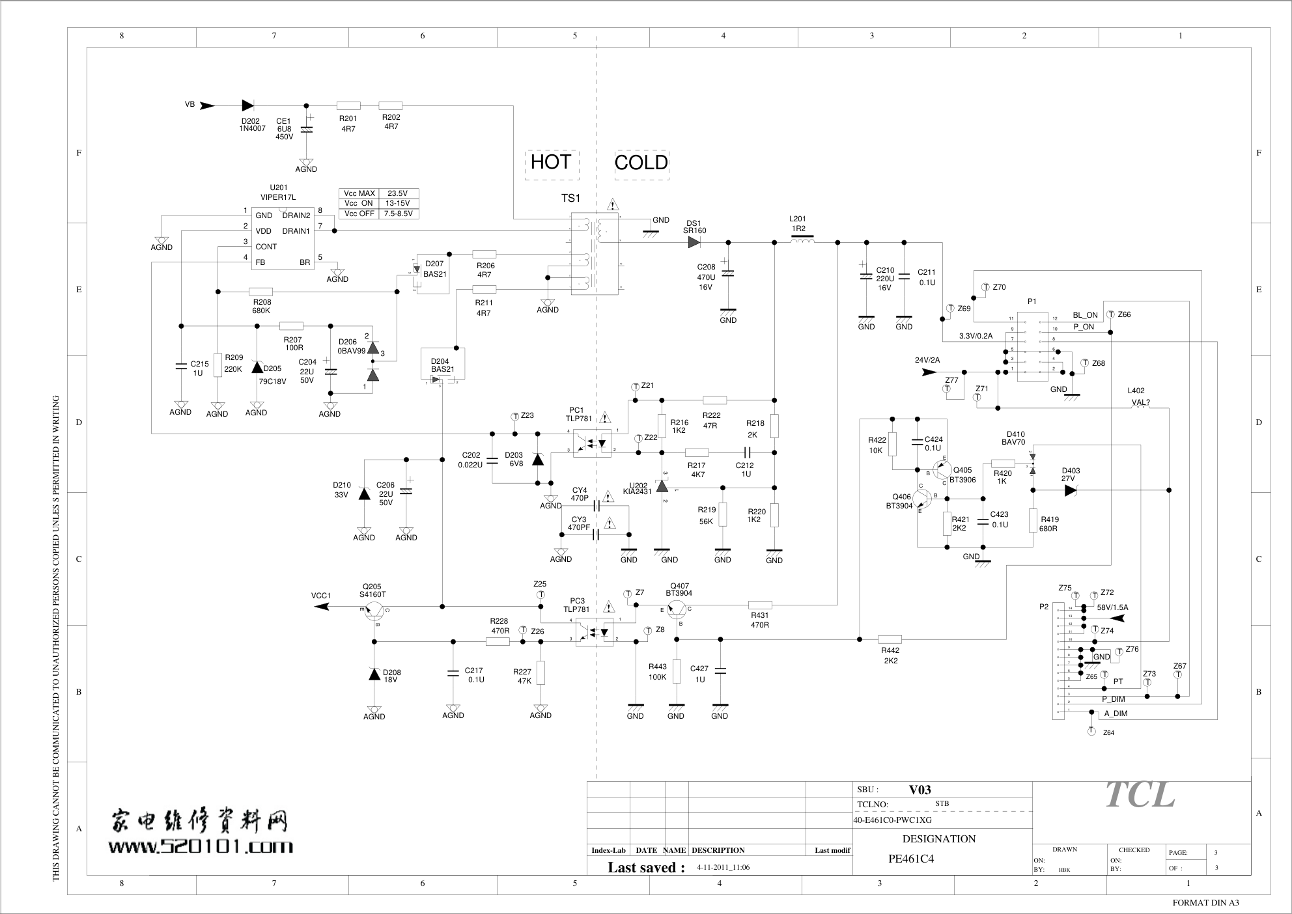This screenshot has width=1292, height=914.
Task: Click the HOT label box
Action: click(x=551, y=163)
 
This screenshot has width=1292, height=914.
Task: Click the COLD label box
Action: click(x=641, y=163)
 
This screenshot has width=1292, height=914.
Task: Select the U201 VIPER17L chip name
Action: click(x=278, y=197)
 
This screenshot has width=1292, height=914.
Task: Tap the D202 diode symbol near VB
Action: click(x=247, y=105)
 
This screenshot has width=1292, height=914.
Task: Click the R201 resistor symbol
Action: click(x=348, y=105)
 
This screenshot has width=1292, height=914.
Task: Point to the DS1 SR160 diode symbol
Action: click(x=694, y=242)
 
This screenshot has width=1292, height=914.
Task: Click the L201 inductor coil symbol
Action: click(x=802, y=242)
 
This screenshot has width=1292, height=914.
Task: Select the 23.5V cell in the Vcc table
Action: click(x=397, y=193)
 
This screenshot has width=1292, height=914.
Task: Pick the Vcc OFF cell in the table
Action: click(x=359, y=214)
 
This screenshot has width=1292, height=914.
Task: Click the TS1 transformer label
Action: click(x=570, y=199)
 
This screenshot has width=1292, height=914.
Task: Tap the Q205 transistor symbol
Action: click(x=374, y=610)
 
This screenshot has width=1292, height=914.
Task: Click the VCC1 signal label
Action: click(x=321, y=596)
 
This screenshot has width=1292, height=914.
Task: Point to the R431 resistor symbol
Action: click(x=760, y=605)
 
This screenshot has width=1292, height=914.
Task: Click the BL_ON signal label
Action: click(x=1085, y=315)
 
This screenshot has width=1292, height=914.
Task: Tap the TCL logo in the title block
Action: click(x=1140, y=795)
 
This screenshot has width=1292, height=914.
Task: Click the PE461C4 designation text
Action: click(x=911, y=859)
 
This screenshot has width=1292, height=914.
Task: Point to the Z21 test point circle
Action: click(x=636, y=387)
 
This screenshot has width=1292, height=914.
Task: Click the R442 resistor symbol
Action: click(x=890, y=639)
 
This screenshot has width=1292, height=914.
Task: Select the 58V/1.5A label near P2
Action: click(x=1112, y=607)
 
